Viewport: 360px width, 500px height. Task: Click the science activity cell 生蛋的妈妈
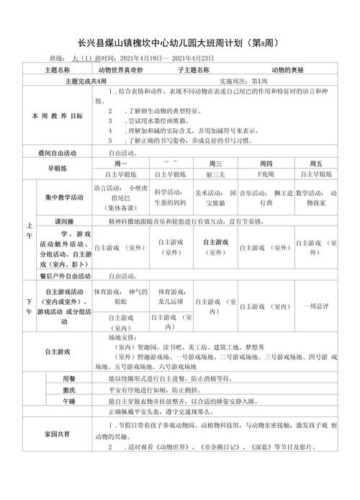coord(171,197)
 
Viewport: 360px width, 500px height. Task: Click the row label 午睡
coord(70,401)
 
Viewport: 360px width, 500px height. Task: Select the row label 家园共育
coord(58,435)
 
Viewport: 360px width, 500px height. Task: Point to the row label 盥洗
coord(70,389)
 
